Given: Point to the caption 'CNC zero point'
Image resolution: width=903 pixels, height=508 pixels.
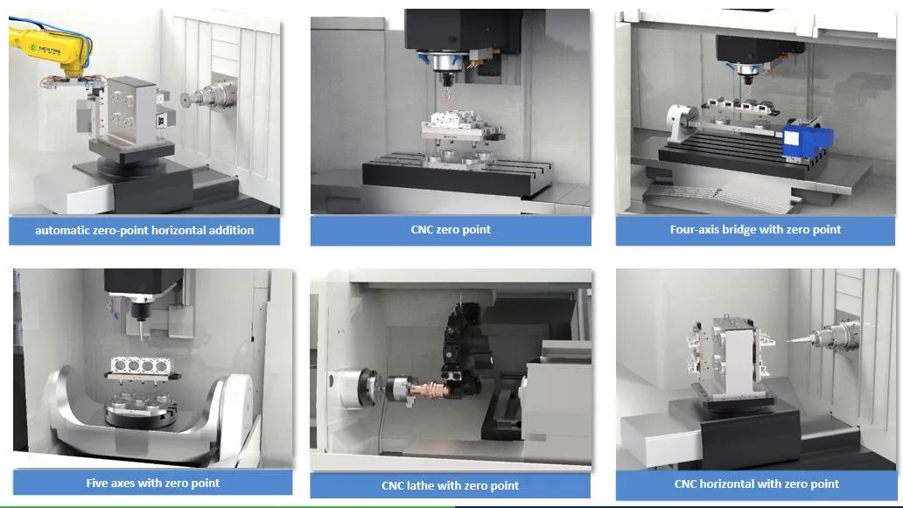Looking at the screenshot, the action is (451, 230).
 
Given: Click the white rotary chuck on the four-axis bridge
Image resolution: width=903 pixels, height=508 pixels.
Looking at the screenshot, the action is (682, 122).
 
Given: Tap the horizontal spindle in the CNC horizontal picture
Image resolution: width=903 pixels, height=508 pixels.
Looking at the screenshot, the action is (829, 337).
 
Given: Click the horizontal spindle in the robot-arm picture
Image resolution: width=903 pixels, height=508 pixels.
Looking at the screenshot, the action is (210, 96).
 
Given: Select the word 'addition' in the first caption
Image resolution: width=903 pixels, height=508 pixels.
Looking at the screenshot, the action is (232, 230).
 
